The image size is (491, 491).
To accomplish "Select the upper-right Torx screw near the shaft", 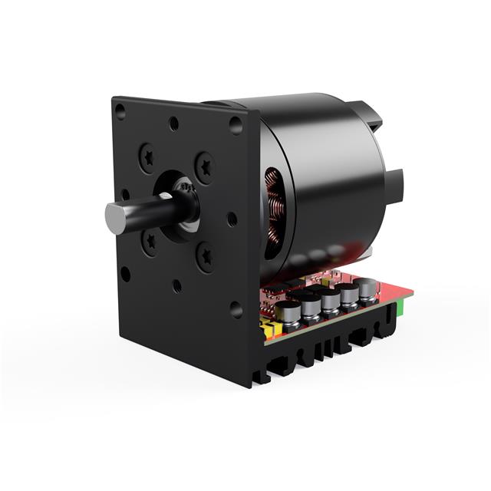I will tap(204, 164).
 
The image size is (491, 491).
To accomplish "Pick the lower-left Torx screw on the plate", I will tap(149, 243).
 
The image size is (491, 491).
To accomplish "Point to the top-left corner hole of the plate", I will tap(120, 112).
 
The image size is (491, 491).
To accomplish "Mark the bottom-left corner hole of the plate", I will tap(125, 273).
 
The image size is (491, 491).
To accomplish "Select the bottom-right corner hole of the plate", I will tap(236, 309).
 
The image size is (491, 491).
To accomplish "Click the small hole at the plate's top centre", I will tap(174, 122).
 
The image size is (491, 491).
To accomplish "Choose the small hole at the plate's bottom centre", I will tap(177, 285).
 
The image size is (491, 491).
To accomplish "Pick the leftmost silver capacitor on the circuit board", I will tap(288, 312).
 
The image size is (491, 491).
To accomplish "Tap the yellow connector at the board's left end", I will tap(269, 330).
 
